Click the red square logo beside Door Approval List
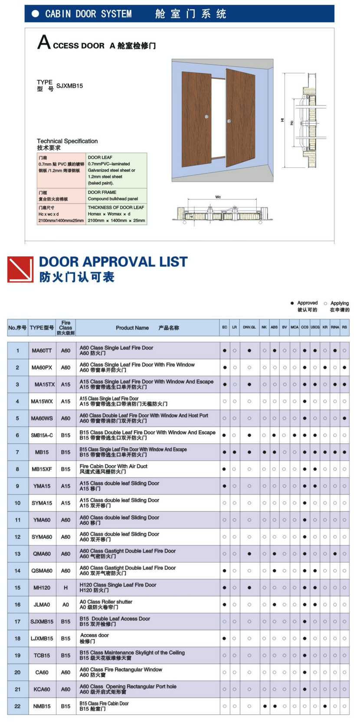click(x=20, y=269)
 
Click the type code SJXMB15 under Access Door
click(x=69, y=86)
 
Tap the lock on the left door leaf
click(x=206, y=117)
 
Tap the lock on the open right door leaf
click(x=229, y=121)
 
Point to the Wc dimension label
click(x=218, y=197)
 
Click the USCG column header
click(x=315, y=327)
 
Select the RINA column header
click(x=335, y=327)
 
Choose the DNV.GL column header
click(x=249, y=327)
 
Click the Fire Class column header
click(x=65, y=328)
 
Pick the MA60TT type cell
click(x=42, y=350)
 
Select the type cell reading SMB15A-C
click(x=42, y=435)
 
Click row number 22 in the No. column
click(x=17, y=707)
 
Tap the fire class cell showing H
click(x=65, y=588)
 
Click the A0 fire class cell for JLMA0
click(x=65, y=605)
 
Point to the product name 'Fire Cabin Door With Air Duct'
click(x=114, y=466)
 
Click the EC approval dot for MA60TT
click(x=225, y=350)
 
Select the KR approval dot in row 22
click(x=325, y=707)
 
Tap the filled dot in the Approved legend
click(x=292, y=303)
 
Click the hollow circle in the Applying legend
click(x=326, y=303)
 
